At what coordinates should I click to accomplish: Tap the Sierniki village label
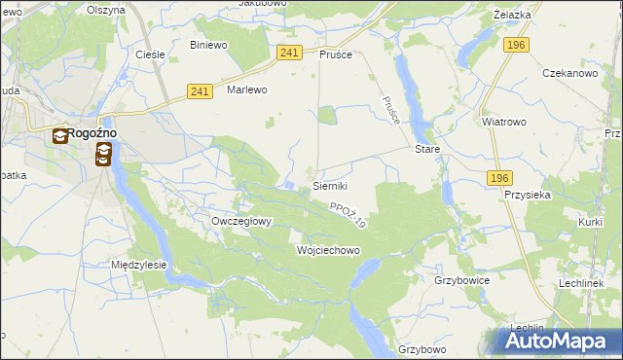tap(330, 185)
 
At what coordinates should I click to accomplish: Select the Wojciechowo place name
tap(328, 250)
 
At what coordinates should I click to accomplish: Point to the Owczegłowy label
tap(241, 221)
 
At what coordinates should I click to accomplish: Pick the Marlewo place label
tap(246, 90)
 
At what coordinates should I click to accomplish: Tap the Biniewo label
tap(208, 45)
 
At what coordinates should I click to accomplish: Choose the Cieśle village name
tap(150, 54)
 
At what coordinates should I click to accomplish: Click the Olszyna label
tap(106, 10)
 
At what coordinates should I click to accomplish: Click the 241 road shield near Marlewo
tap(200, 91)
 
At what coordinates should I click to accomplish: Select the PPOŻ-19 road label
tap(347, 216)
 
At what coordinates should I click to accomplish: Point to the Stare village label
tap(427, 151)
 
